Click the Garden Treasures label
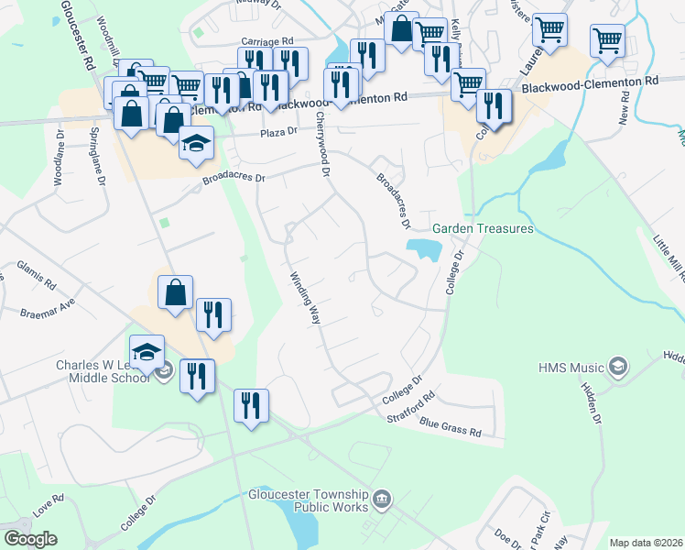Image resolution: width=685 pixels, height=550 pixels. [483, 228]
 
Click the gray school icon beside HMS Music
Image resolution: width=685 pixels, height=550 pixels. [617, 367]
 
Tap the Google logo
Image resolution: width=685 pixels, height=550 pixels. [29, 538]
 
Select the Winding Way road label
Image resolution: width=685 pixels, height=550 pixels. [305, 299]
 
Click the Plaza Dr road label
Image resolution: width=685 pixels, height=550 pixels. [279, 132]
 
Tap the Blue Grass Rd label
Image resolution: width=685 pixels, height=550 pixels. [451, 426]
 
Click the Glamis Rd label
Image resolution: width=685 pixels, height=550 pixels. [36, 272]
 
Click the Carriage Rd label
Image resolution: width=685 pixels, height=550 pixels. [266, 41]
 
